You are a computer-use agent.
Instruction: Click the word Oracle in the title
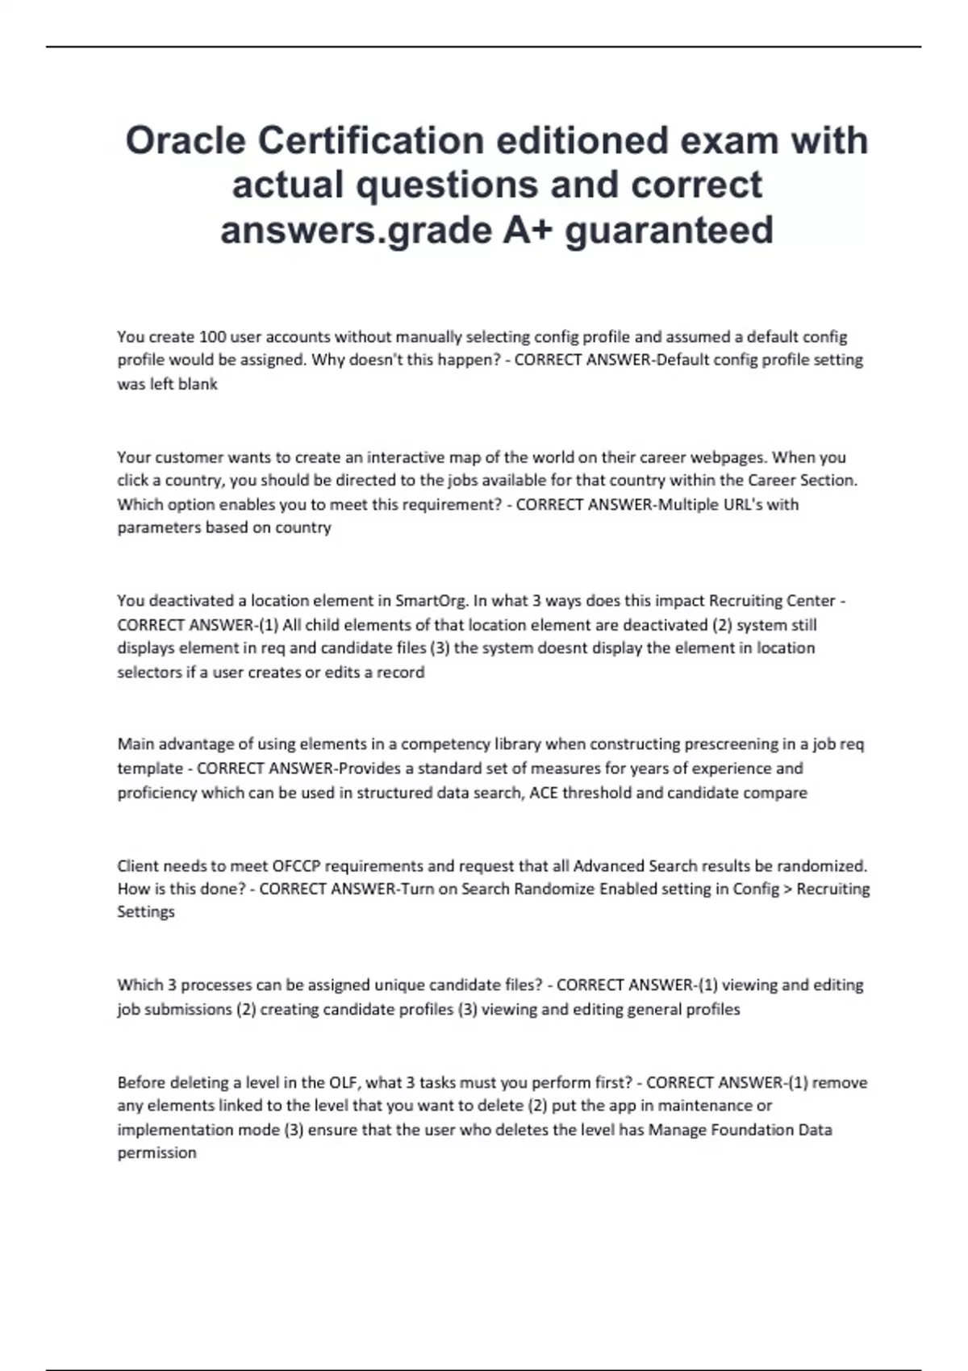click(185, 141)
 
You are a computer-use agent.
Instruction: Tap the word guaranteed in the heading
click(669, 230)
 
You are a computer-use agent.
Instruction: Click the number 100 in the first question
click(212, 336)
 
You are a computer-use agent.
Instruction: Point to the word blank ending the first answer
click(198, 385)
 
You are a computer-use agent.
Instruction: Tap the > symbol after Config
click(788, 889)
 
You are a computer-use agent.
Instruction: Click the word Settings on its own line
click(146, 912)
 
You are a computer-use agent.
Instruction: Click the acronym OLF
click(343, 1082)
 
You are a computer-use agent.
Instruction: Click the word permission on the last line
click(156, 1153)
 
